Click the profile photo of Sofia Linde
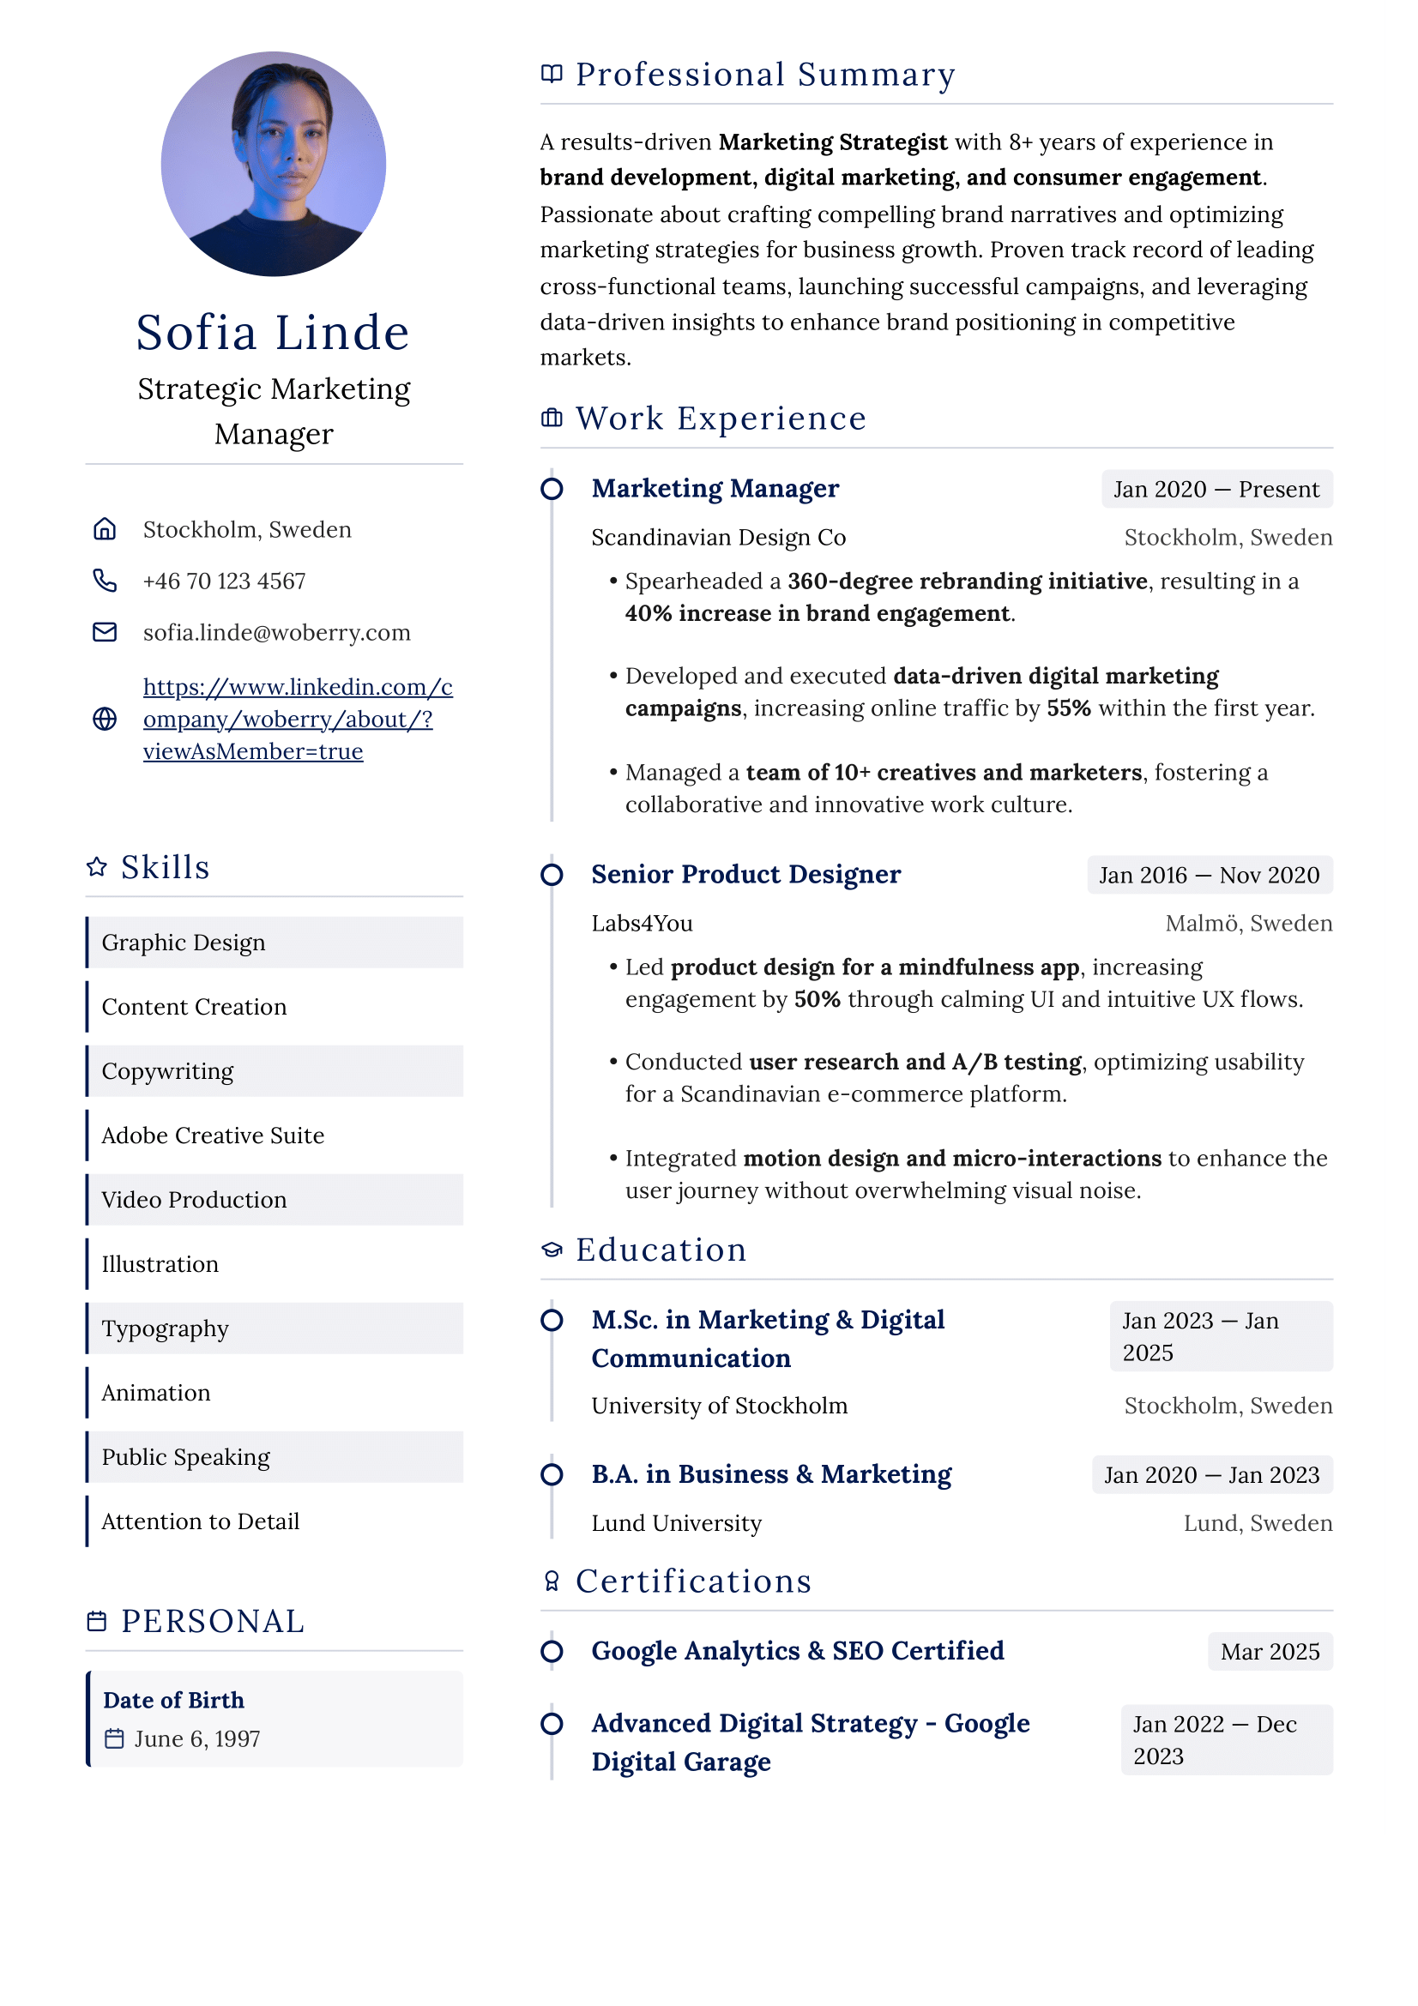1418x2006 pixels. coord(273,164)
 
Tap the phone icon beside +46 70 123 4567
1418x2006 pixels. coord(105,581)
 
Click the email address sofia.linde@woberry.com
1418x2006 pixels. coord(276,633)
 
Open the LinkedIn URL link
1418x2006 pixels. coord(297,719)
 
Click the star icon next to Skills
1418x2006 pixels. coord(97,867)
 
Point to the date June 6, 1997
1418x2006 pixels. coord(196,1739)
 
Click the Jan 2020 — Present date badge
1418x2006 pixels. coord(1216,489)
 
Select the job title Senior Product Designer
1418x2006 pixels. coord(745,875)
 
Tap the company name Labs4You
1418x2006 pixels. coord(642,924)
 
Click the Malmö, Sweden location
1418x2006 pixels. coord(1248,924)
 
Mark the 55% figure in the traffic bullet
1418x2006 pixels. coord(1069,708)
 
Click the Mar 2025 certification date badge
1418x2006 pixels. coord(1270,1652)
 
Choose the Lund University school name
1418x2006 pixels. coord(676,1524)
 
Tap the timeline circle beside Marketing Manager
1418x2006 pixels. coord(552,488)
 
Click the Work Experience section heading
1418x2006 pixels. coord(720,419)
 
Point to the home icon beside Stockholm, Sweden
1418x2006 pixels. coord(105,529)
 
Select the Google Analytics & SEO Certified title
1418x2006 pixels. coord(797,1651)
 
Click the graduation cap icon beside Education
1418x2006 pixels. coord(552,1250)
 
